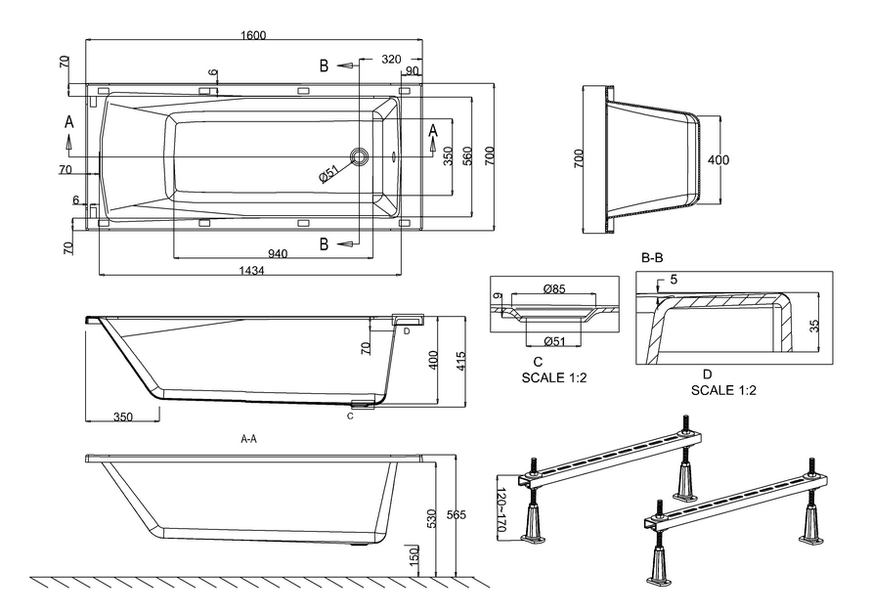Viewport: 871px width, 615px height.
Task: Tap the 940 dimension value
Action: tap(278, 253)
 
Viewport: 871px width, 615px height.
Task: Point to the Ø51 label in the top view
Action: tap(328, 174)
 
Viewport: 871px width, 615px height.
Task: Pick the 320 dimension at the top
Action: tap(391, 59)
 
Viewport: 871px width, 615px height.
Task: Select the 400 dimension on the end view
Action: tap(719, 159)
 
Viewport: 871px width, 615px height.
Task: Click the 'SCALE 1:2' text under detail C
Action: tap(552, 376)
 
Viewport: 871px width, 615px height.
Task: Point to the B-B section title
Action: tap(652, 258)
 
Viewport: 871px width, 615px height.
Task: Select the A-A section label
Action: tap(249, 440)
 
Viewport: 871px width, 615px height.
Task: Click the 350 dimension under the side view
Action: tap(122, 417)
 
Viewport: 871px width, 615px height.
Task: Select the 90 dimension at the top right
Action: tap(412, 70)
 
